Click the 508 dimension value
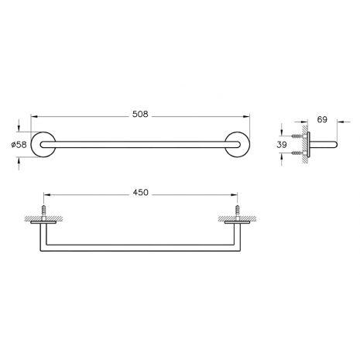pos(140,114)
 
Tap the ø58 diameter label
pos(19,145)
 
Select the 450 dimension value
pos(141,193)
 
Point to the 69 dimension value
pos(322,119)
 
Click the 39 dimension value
pos(282,145)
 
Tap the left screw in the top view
pos(43,211)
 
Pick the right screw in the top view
pos(237,211)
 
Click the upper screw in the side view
pos(297,135)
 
